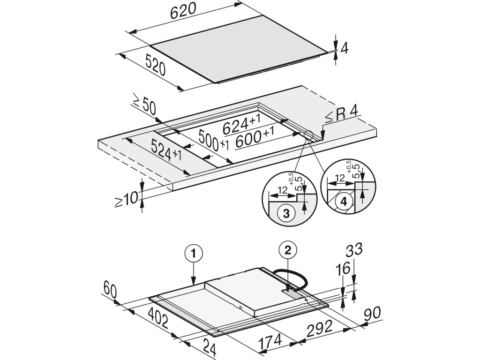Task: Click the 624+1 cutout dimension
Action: click(241, 124)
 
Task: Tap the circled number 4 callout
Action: click(344, 202)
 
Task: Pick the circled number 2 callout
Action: click(288, 250)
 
